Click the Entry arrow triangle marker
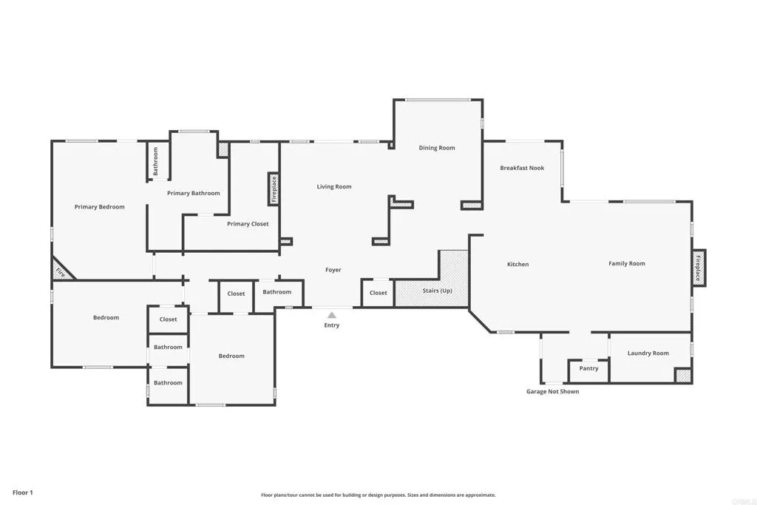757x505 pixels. pyautogui.click(x=332, y=315)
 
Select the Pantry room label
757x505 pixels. pyautogui.click(x=588, y=368)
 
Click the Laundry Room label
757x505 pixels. pyautogui.click(x=648, y=353)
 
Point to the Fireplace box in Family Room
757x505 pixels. pyautogui.click(x=698, y=267)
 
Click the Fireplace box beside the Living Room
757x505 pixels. pyautogui.click(x=274, y=189)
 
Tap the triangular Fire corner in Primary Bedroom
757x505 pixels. pyautogui.click(x=61, y=272)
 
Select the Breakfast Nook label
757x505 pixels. pyautogui.click(x=522, y=168)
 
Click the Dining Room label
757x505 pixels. pyautogui.click(x=437, y=148)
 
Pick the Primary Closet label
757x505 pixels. pyautogui.click(x=248, y=224)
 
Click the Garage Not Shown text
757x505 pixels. pyautogui.click(x=552, y=391)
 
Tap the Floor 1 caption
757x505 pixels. pyautogui.click(x=23, y=492)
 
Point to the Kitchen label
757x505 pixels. pyautogui.click(x=517, y=264)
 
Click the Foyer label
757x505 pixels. pyautogui.click(x=333, y=270)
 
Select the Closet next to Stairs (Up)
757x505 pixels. pyautogui.click(x=378, y=293)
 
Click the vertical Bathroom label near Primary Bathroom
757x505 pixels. pyautogui.click(x=156, y=160)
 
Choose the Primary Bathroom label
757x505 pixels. pyautogui.click(x=193, y=193)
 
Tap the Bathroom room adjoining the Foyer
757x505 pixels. pyautogui.click(x=277, y=292)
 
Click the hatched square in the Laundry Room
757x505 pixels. pyautogui.click(x=683, y=375)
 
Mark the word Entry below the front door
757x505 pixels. pyautogui.click(x=332, y=325)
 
